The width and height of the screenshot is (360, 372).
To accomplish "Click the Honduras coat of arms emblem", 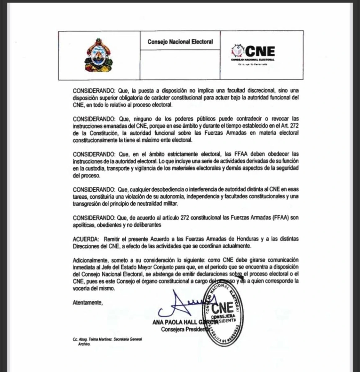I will point(99,55).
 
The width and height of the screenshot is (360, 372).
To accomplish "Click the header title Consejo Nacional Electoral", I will point(180,42).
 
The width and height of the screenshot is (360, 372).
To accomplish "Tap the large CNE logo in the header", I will point(253,51).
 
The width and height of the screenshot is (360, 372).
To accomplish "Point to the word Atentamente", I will point(87,302).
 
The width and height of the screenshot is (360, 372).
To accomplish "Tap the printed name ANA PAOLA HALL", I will point(174,322).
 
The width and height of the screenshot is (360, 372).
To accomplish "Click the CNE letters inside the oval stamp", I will point(223,307).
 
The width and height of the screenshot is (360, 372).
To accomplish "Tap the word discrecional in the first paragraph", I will point(253,91).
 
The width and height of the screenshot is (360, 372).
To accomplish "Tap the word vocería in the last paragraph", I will point(81,288).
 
